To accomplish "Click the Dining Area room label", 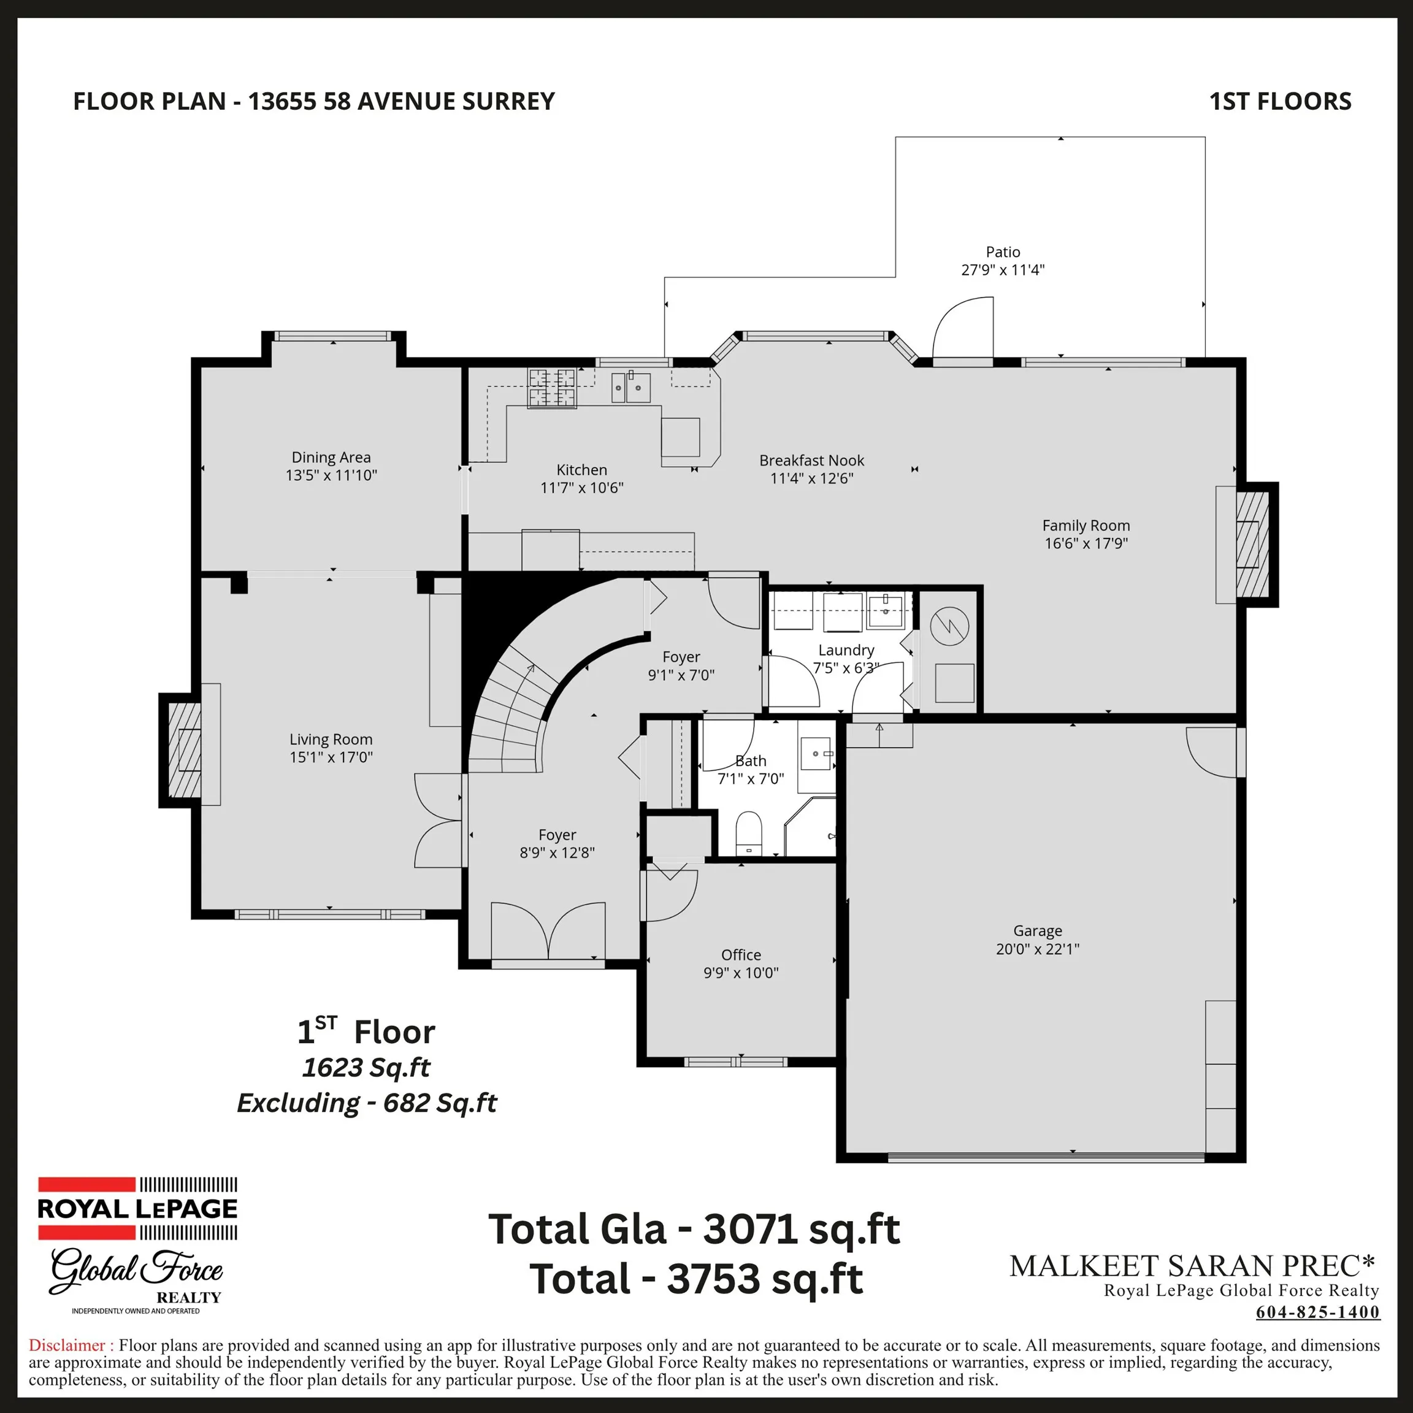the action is [x=331, y=457].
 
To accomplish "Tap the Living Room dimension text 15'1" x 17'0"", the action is [x=331, y=757].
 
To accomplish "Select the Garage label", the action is [x=1037, y=931].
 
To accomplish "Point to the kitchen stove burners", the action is [x=552, y=388].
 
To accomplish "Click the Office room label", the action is [x=741, y=954].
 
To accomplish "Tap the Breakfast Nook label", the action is [x=811, y=460].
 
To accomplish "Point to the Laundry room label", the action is [x=846, y=649].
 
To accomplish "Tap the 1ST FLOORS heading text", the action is [x=1280, y=101].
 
